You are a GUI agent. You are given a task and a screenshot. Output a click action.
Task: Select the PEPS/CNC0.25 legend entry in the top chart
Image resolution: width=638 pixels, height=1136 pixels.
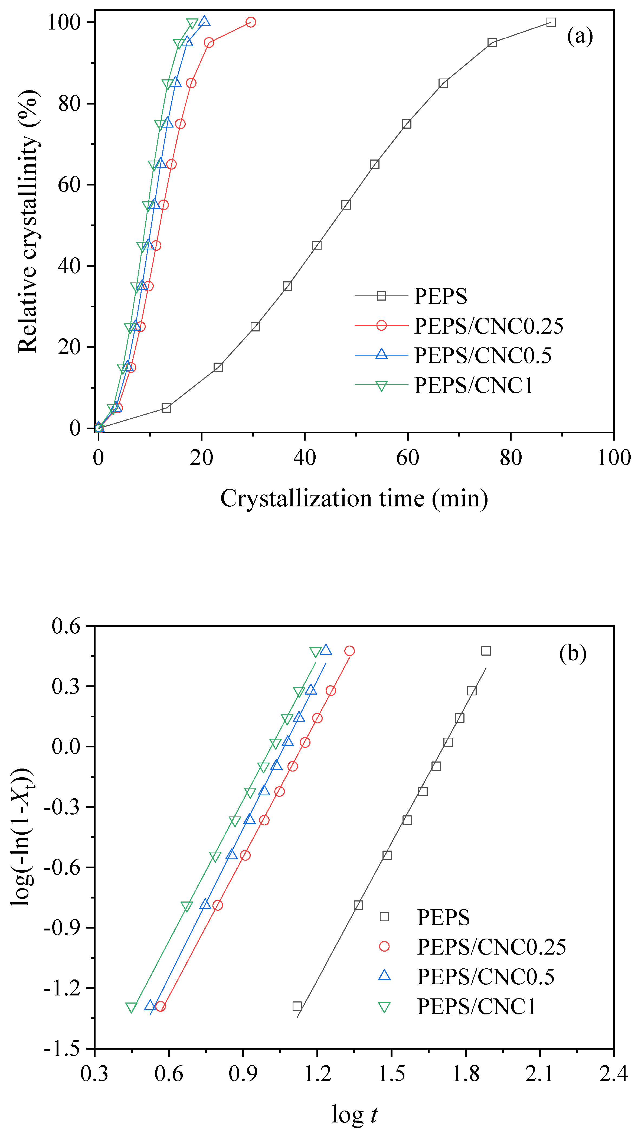[489, 326]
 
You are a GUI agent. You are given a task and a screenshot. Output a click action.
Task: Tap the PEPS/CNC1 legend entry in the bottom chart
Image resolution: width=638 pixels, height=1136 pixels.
[476, 1006]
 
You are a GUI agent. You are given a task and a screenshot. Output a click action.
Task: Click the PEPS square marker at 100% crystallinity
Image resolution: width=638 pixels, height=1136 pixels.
[551, 22]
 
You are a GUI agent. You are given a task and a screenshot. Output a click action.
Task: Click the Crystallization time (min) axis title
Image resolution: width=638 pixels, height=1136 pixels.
[354, 499]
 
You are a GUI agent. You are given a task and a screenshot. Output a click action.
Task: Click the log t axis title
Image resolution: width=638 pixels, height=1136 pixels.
[354, 1114]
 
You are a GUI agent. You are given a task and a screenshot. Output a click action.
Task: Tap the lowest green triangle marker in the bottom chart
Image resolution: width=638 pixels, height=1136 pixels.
[131, 1008]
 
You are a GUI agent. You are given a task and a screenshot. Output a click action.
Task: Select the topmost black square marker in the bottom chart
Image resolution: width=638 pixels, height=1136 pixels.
[485, 651]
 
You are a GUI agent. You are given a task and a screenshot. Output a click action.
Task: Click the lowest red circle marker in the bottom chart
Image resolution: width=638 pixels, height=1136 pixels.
[161, 1006]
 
